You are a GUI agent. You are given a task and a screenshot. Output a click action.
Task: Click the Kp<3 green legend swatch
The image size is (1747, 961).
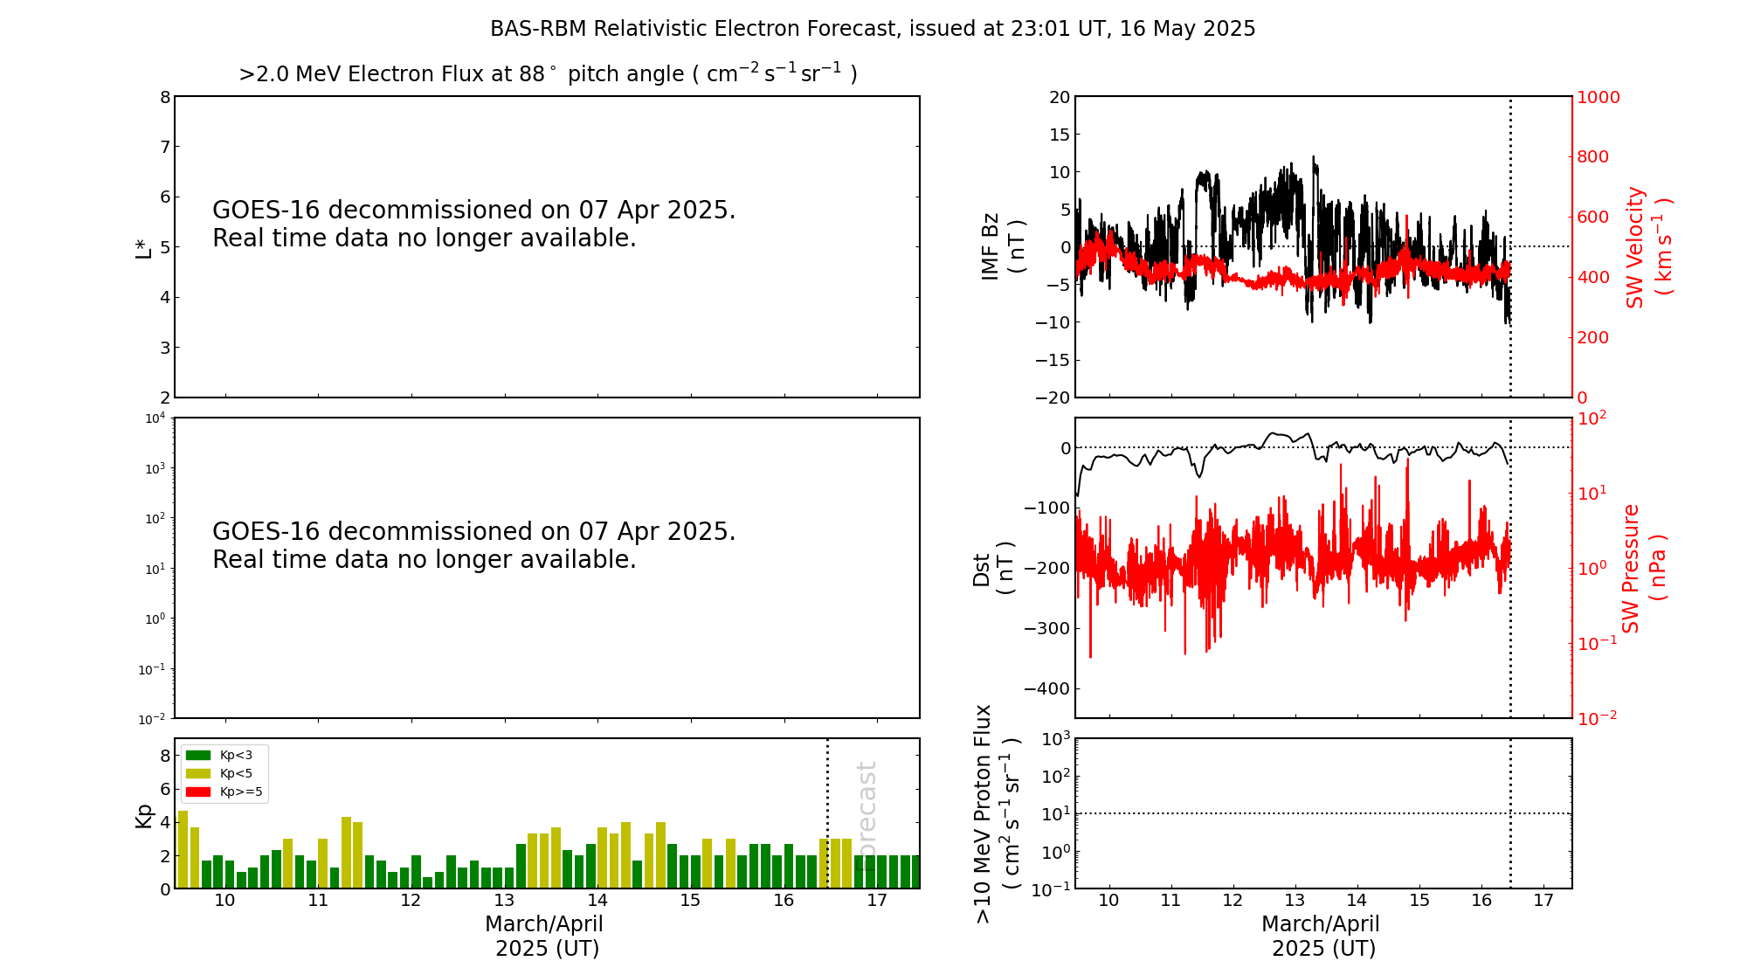(198, 755)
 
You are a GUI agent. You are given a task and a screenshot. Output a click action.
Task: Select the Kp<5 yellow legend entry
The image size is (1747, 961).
(223, 773)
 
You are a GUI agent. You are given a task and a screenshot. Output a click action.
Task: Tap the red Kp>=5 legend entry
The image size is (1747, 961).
(223, 792)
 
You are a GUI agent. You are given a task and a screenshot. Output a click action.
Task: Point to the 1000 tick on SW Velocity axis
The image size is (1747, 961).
(1598, 97)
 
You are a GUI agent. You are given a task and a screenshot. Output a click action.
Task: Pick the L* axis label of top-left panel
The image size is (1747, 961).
(143, 247)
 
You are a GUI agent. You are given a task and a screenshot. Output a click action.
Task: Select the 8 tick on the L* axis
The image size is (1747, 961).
(165, 97)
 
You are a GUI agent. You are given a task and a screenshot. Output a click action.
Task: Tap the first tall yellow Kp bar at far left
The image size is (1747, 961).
(183, 848)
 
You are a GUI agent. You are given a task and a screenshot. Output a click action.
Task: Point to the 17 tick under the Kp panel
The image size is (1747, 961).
(877, 901)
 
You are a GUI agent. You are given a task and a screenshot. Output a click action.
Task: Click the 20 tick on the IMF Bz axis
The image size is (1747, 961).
(1059, 97)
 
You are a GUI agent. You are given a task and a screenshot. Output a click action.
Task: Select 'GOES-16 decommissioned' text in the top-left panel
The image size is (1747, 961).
(473, 211)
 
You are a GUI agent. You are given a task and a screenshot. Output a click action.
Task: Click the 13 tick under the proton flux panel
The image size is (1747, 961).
(1295, 901)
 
